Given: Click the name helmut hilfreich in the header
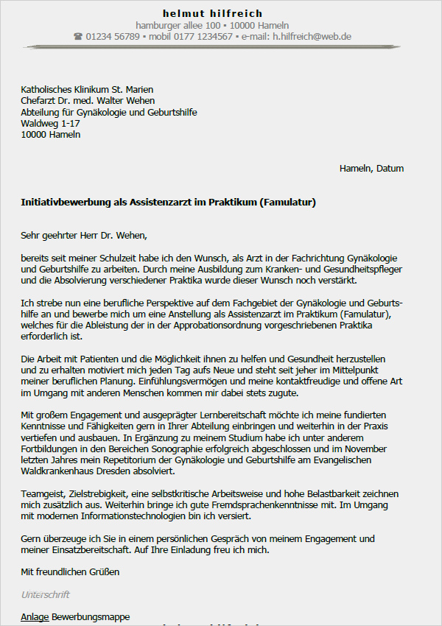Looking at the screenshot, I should click(x=212, y=13).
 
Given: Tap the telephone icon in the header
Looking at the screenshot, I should click(x=78, y=36).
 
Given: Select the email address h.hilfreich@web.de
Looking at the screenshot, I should click(x=312, y=36).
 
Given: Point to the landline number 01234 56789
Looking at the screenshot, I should click(x=113, y=36).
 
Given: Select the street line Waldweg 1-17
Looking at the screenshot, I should click(x=51, y=124).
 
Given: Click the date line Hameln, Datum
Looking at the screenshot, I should click(x=371, y=169).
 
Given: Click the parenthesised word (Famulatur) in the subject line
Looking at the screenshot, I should click(x=288, y=202).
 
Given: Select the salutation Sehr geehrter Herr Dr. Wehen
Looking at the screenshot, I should click(x=84, y=236).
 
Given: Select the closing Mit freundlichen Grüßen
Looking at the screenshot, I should click(x=70, y=572).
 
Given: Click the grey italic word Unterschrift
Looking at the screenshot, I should click(x=46, y=594).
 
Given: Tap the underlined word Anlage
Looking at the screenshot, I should click(x=35, y=616).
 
